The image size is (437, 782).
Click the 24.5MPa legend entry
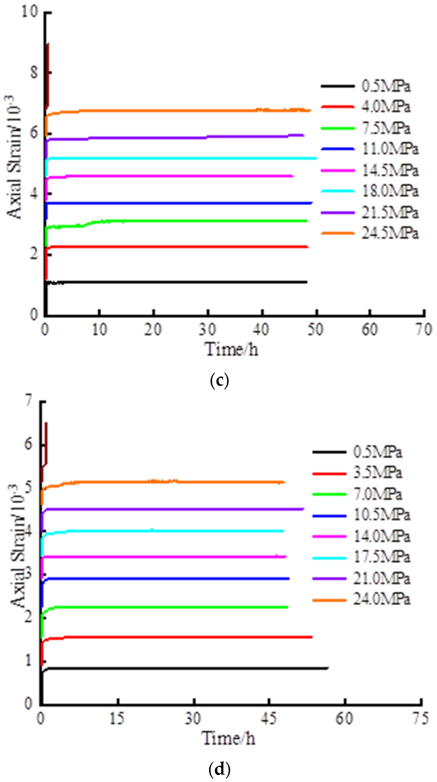(x=390, y=233)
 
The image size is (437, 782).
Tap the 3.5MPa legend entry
(x=378, y=473)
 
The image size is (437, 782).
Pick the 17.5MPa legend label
(x=382, y=557)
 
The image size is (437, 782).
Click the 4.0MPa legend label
(x=385, y=107)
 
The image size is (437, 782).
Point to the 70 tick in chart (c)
(x=423, y=329)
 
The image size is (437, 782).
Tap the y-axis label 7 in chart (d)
(x=28, y=401)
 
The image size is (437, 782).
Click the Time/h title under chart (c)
(x=232, y=349)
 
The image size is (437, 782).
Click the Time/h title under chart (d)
(x=229, y=738)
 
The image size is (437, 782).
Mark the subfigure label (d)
(x=219, y=769)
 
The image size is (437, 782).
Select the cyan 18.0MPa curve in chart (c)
(x=182, y=158)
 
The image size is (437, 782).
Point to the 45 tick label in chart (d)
(x=269, y=718)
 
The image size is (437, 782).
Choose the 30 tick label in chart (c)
(x=207, y=329)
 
